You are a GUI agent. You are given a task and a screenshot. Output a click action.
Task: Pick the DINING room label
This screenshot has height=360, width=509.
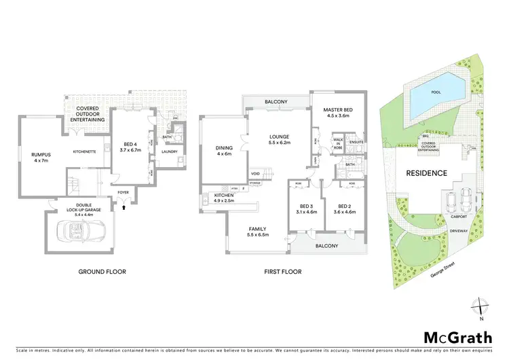[224, 150]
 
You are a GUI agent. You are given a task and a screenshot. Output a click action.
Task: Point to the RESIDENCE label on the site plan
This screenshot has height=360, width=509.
[426, 173]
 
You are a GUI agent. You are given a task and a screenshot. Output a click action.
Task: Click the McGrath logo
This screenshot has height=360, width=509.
[453, 338]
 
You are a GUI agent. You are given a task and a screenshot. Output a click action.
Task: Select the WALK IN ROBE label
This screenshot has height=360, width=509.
[337, 145]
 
